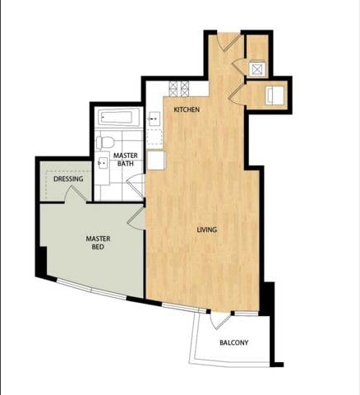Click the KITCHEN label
(x=187, y=110)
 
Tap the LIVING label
(x=206, y=230)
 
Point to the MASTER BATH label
(x=125, y=159)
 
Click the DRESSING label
(x=68, y=179)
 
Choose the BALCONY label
(x=233, y=343)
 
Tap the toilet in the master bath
(x=104, y=142)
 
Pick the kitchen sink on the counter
(x=154, y=120)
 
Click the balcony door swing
(x=224, y=321)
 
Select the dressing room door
(x=76, y=195)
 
